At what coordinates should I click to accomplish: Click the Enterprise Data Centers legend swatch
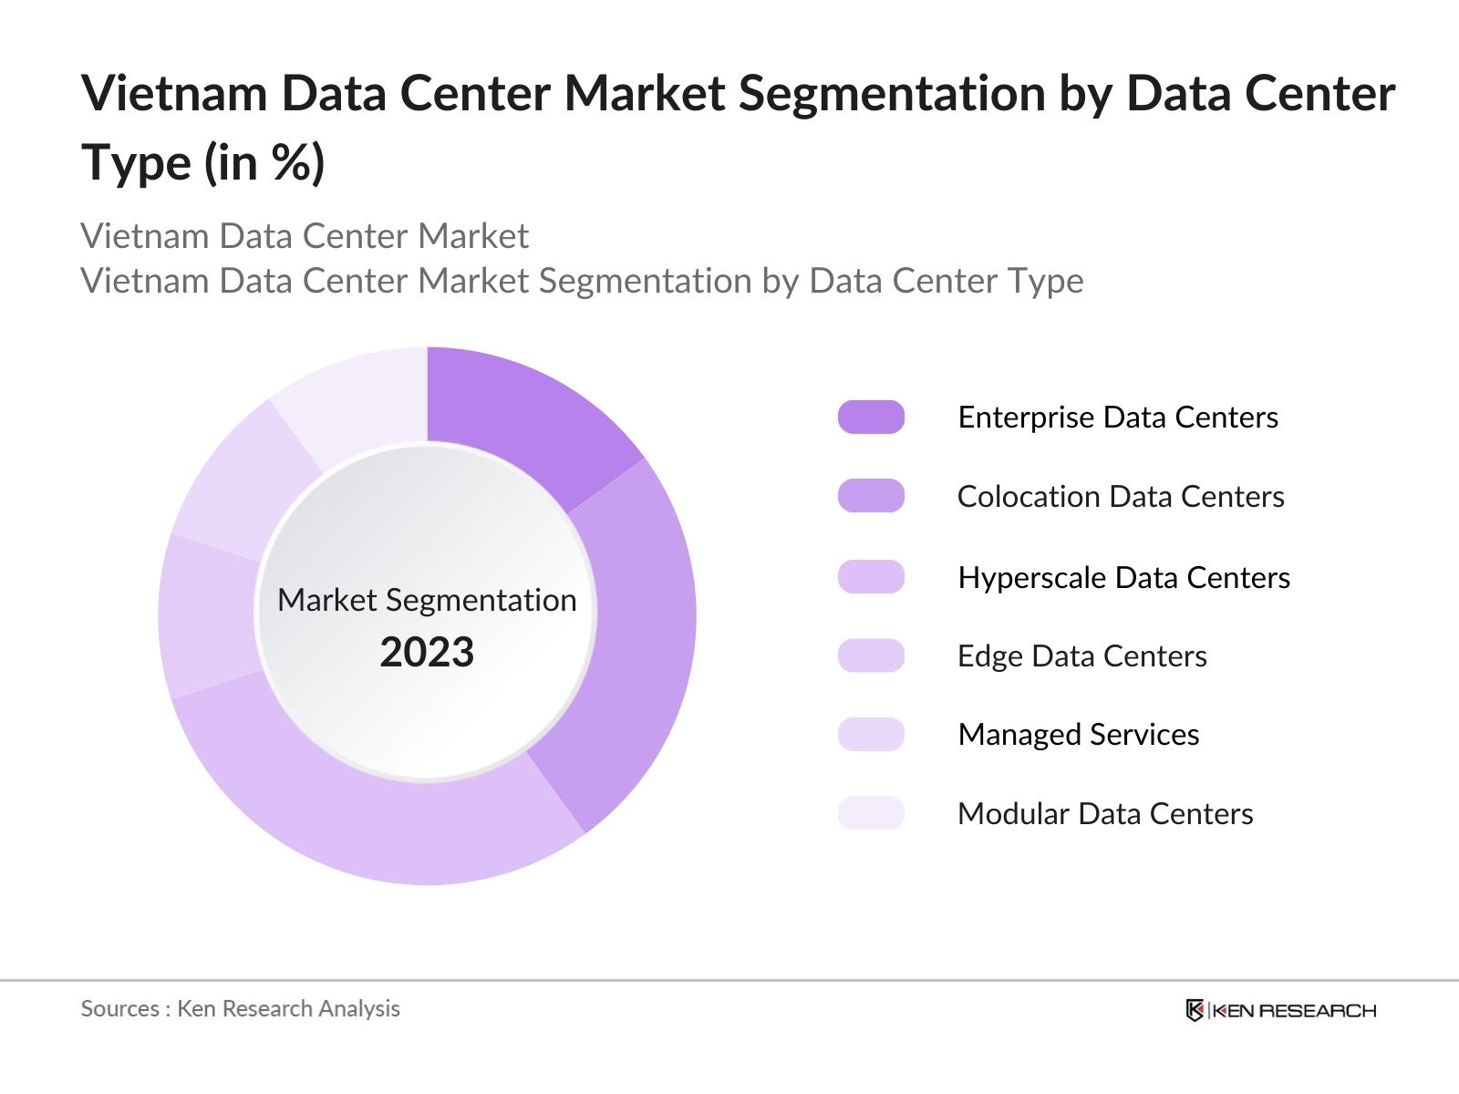pyautogui.click(x=871, y=417)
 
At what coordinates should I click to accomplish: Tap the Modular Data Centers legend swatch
pyautogui.click(x=871, y=812)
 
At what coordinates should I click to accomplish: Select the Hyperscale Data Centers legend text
pyautogui.click(x=1123, y=577)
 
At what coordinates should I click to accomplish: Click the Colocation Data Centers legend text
pyautogui.click(x=1120, y=497)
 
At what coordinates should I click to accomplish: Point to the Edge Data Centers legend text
pyautogui.click(x=1081, y=655)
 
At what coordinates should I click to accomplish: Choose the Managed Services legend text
pyautogui.click(x=1078, y=734)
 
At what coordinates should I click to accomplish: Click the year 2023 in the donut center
pyautogui.click(x=427, y=652)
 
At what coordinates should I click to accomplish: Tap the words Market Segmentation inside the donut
pyautogui.click(x=427, y=600)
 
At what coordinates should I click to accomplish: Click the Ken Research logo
pyautogui.click(x=1280, y=1010)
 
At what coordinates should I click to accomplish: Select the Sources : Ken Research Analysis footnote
pyautogui.click(x=240, y=1008)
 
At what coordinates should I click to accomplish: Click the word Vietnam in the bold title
pyautogui.click(x=173, y=93)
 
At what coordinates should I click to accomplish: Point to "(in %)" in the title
pyautogui.click(x=264, y=163)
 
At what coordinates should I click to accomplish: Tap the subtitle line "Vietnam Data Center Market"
pyautogui.click(x=305, y=236)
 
